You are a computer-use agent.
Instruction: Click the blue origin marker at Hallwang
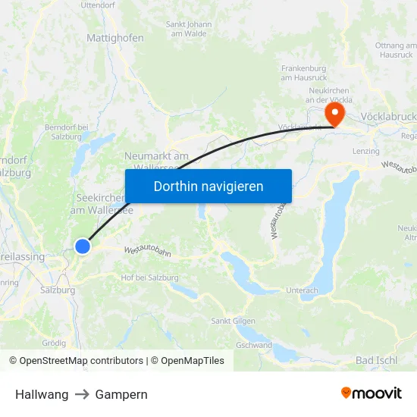[83, 246]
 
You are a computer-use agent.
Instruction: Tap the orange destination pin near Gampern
[334, 114]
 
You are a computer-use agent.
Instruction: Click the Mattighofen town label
[115, 37]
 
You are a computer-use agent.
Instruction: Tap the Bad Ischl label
[376, 360]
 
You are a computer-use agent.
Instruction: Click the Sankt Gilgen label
[233, 321]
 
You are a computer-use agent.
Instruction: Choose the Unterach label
[303, 290]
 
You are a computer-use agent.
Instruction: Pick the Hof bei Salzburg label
[149, 277]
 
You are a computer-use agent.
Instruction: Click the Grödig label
[54, 343]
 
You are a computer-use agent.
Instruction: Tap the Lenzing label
[366, 152]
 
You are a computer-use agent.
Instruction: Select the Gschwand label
[254, 345]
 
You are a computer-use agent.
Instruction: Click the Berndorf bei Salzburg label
[67, 132]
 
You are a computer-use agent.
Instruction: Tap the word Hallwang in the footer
[42, 394]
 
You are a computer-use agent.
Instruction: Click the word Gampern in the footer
[121, 394]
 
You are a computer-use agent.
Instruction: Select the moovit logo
[371, 393]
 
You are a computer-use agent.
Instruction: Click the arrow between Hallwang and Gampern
[82, 394]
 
